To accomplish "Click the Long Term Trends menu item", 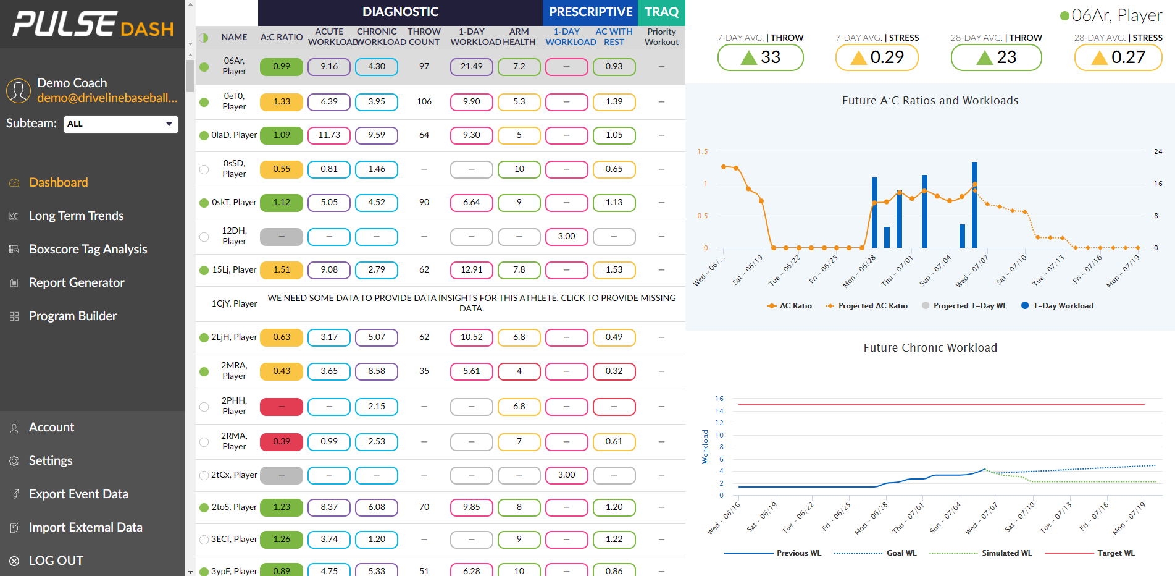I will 76,216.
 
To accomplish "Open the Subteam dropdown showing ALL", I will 120,124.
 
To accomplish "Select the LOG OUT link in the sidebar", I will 56,561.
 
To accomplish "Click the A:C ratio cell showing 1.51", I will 282,270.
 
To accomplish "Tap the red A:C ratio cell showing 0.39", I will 282,442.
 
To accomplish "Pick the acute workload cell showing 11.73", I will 329,135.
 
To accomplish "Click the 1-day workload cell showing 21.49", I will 472,67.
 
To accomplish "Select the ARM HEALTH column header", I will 519,37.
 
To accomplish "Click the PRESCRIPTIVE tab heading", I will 590,12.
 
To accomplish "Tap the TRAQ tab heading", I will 661,12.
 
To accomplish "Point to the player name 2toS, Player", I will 234,507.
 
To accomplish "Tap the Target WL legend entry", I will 1115,553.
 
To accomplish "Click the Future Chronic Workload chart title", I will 930,348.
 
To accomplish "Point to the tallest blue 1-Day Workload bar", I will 974,204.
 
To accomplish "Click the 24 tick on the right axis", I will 1158,151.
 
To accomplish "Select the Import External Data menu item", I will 85,527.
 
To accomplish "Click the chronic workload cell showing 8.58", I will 377,371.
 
